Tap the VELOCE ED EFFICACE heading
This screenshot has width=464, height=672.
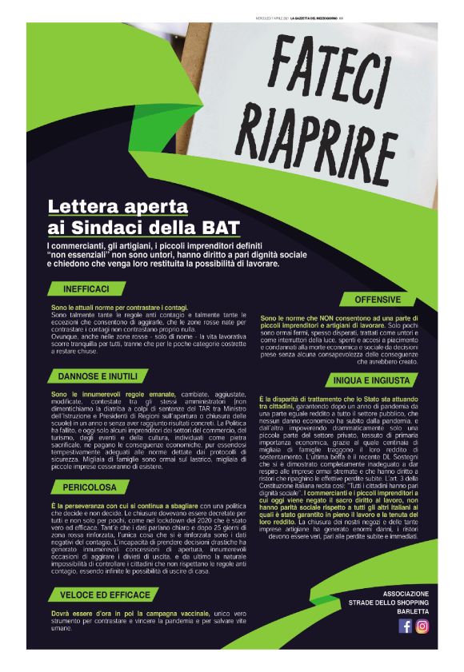point(105,594)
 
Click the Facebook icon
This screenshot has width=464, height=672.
point(406,626)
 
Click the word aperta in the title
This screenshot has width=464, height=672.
point(159,207)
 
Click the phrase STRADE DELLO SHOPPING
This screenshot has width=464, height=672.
point(391,604)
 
